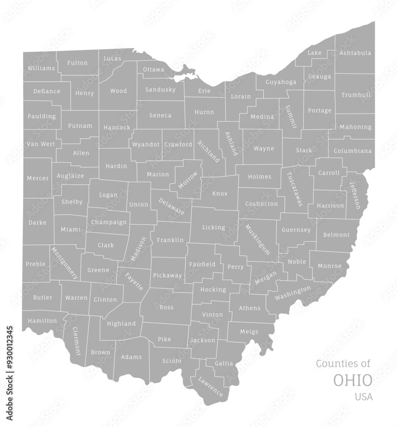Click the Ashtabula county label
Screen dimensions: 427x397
click(355, 53)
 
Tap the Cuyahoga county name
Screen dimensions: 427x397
click(281, 82)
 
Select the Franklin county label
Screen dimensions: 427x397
click(170, 240)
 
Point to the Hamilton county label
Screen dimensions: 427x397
click(42, 321)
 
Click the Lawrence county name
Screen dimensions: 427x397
click(210, 386)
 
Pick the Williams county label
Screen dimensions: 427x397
click(41, 68)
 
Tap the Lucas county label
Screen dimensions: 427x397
click(112, 58)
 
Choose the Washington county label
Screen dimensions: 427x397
click(293, 293)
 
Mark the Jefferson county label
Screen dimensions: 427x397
click(355, 195)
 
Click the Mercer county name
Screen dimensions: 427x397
click(38, 178)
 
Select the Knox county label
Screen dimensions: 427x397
click(220, 194)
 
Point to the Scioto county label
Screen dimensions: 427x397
click(172, 361)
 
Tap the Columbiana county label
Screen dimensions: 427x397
click(353, 151)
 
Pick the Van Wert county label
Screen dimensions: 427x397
click(41, 144)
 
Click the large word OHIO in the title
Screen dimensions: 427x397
click(353, 380)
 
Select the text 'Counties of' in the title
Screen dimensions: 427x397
click(343, 363)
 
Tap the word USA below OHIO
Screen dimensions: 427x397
click(363, 397)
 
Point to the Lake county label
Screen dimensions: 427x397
click(315, 53)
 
